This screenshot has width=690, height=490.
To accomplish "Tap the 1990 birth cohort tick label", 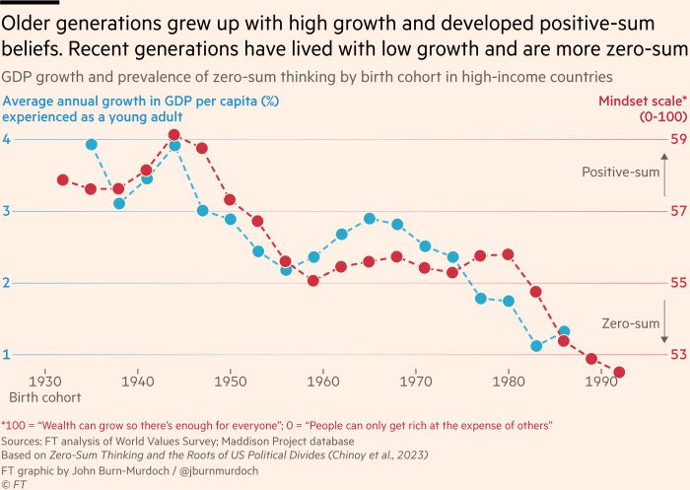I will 601,380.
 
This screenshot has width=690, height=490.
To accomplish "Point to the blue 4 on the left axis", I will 7,139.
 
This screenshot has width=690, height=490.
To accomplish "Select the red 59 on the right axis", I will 679,139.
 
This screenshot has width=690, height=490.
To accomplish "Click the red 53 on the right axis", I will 679,354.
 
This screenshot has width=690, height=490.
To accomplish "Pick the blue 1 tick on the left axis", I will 7,354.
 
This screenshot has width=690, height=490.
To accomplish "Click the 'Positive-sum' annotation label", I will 621,172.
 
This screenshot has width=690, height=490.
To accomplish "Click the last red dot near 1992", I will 619,372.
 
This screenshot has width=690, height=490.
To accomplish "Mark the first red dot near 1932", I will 62,179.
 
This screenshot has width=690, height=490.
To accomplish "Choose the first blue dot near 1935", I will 91,144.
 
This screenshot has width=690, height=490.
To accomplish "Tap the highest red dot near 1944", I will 173,135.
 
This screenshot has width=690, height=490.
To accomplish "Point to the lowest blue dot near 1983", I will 536,345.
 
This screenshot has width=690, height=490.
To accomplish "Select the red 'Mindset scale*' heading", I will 644,102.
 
